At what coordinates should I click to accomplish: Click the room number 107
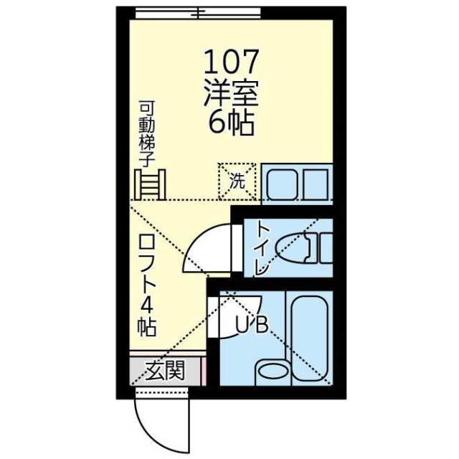231,62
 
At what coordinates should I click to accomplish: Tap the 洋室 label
231,93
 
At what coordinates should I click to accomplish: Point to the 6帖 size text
231,123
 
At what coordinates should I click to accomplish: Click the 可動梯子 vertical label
146,134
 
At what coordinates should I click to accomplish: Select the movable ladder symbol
150,184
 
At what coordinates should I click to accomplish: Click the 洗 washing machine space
237,181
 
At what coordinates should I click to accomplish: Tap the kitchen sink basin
283,185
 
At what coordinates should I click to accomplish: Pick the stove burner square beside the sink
316,185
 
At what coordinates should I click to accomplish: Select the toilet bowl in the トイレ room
293,248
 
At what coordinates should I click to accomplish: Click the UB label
252,325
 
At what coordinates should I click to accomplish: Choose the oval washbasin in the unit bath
273,372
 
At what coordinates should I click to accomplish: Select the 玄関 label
166,370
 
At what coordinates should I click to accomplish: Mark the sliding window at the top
198,13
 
